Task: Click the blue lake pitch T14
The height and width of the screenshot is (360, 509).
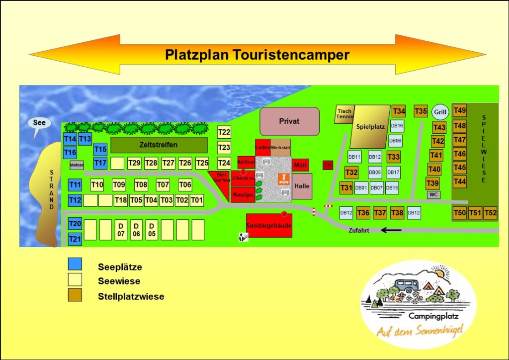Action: coord(70,139)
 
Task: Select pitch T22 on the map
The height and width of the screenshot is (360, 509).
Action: coord(224,132)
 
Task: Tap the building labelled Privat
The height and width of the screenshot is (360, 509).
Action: coord(289,121)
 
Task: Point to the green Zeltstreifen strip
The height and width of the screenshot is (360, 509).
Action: coord(159,145)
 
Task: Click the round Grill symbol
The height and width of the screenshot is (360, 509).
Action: coord(440,112)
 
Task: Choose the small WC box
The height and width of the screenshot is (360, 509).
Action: coord(433,194)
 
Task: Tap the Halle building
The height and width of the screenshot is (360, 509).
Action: coord(302,186)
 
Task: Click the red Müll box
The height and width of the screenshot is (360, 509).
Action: coord(300,165)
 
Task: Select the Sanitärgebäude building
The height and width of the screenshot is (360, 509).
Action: coord(269,226)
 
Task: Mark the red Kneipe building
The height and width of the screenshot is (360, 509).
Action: coord(243,195)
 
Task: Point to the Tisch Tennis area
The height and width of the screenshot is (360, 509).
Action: coord(344,114)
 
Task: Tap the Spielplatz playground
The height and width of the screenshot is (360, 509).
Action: coord(370,126)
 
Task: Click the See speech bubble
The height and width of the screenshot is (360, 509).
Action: coord(39,123)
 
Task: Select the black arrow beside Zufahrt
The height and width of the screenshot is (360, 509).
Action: coord(391,230)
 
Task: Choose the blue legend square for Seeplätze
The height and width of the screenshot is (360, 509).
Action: coord(75,264)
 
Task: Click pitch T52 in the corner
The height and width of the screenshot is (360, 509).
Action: coord(490,213)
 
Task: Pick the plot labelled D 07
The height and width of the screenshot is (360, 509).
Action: coord(121,230)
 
